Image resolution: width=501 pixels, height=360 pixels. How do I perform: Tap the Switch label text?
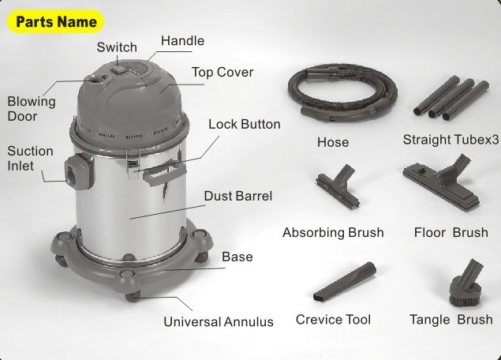coord(117,48)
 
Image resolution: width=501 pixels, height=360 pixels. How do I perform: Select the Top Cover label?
coord(222,73)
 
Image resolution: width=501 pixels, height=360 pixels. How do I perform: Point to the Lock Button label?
coord(245,124)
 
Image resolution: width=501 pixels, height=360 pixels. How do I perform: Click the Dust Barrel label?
coord(237,196)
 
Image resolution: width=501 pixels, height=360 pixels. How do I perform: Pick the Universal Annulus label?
coord(219,321)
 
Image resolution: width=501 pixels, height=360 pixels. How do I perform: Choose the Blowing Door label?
coord(32,109)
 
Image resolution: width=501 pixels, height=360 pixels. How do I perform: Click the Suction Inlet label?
coord(31,158)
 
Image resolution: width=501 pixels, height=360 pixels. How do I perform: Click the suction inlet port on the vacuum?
coord(77,170)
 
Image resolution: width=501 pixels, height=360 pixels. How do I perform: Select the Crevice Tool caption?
coord(333,320)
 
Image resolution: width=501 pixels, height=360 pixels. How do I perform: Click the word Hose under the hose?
coord(332,143)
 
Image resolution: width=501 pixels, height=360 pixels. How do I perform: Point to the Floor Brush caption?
coord(451,233)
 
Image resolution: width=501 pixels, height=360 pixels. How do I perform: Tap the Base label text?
coord(237,257)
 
